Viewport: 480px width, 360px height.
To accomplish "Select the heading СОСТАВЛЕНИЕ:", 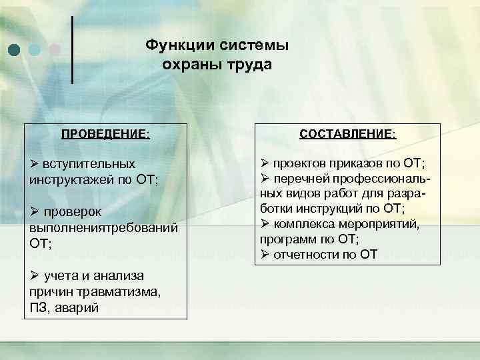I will coord(348,134).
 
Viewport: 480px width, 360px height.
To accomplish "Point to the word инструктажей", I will coord(73,179).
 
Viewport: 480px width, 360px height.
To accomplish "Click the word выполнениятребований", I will coord(103,228).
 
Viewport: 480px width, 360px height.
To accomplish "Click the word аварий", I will coord(79,308).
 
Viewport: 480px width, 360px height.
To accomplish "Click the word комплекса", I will coord(307,225).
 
